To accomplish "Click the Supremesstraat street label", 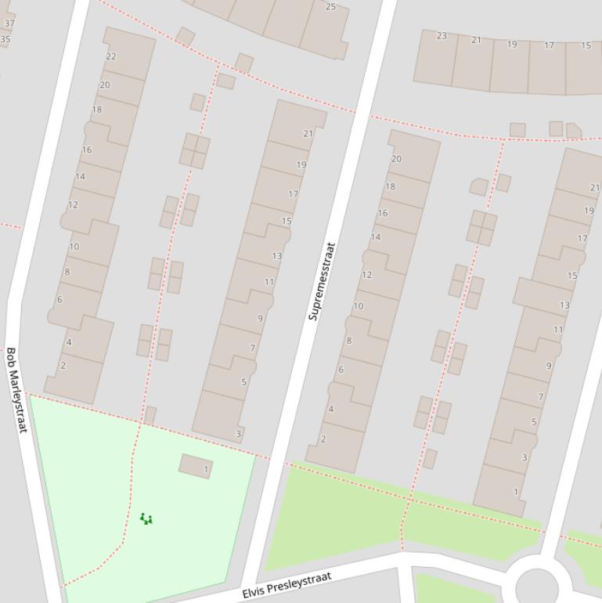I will click(x=322, y=280).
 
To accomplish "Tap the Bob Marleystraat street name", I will click(x=16, y=390).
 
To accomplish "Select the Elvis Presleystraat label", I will click(x=286, y=585).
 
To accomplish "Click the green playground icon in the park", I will click(x=146, y=518).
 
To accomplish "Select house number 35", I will click(x=5, y=39).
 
